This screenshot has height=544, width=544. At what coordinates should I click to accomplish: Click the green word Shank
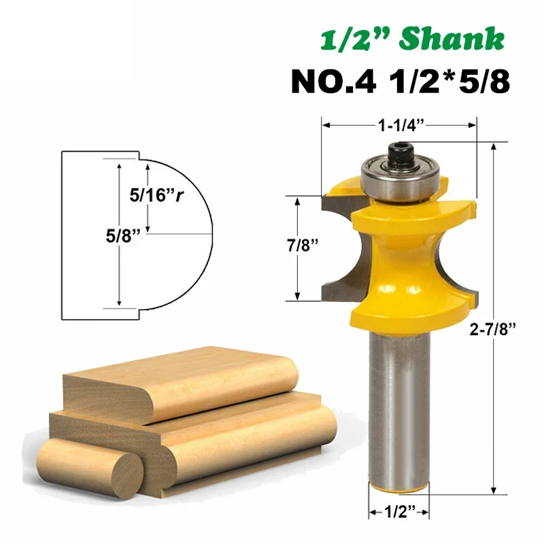click(452, 39)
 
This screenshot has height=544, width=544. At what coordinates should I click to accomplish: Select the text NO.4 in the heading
click(333, 82)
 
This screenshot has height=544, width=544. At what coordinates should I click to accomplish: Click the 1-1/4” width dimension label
click(401, 125)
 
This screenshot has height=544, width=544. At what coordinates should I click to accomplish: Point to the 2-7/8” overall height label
click(492, 328)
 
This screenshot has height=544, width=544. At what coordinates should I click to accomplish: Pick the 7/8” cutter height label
click(303, 245)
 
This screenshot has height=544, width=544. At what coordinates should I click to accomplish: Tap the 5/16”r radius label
click(156, 195)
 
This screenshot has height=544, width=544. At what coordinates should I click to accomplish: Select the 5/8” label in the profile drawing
click(123, 236)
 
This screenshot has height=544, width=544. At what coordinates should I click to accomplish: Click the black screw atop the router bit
click(401, 152)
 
